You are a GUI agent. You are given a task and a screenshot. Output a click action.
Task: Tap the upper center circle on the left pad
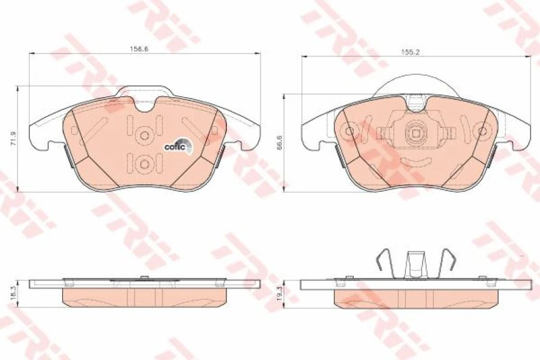pyautogui.click(x=144, y=134)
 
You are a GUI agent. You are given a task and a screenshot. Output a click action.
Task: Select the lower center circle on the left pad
pyautogui.click(x=144, y=164)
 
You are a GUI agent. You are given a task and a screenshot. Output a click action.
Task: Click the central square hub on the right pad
pyautogui.click(x=415, y=133)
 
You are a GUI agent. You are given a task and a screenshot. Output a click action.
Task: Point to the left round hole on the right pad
pyautogui.click(x=350, y=132)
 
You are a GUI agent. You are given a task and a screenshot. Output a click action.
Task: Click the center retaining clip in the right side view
pyautogui.click(x=415, y=263)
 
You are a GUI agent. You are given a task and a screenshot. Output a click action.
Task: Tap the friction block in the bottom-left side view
pyautogui.click(x=144, y=297)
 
